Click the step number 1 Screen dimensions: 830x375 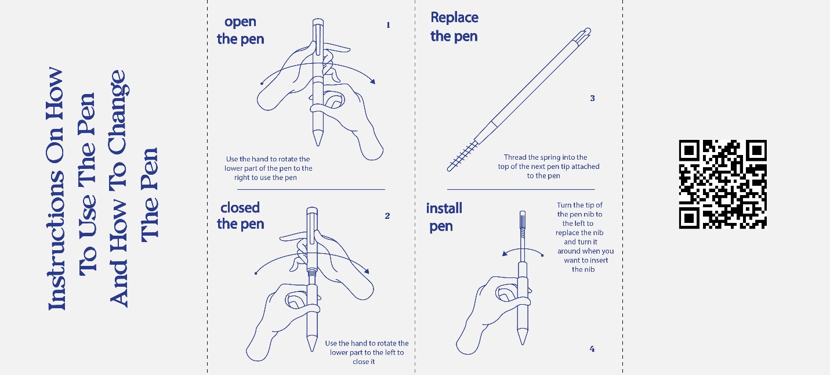tap(388, 25)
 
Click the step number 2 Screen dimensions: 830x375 tap(387, 216)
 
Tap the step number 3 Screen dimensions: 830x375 tap(593, 98)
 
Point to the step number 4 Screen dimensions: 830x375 tap(592, 349)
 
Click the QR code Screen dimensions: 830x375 tap(723, 185)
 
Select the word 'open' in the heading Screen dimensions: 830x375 tap(240, 22)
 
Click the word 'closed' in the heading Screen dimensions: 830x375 tap(240, 208)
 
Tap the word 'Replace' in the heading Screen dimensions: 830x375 tap(454, 18)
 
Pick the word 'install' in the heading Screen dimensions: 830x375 tap(444, 208)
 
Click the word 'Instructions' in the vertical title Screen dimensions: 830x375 tap(56, 240)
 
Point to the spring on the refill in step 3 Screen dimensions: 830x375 tap(462, 156)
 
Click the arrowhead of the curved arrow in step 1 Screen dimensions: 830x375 tap(372, 81)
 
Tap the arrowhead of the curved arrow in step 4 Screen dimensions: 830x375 tap(505, 254)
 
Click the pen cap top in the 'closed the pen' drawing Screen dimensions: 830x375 tap(312, 211)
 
